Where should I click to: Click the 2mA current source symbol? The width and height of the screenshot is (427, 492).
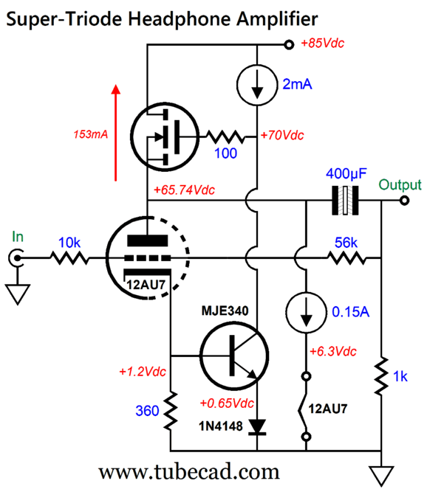pos(256,89)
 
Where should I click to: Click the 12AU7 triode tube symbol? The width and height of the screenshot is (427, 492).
pos(146,258)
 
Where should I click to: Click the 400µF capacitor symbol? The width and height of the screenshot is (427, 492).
pos(345,200)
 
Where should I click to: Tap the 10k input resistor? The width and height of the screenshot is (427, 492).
pos(69,258)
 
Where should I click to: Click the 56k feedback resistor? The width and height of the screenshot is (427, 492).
pos(346,258)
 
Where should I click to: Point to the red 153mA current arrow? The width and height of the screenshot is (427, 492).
pos(115,133)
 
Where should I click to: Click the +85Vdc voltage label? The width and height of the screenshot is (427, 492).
pos(323,43)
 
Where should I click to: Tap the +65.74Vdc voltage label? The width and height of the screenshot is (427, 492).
pos(188,190)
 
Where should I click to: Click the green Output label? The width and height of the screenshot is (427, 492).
pos(400,184)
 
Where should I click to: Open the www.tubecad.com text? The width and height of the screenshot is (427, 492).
pos(189,471)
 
